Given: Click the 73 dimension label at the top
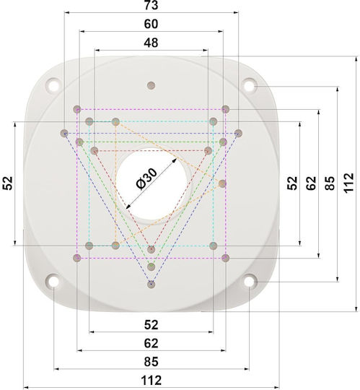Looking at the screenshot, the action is pos(151,5).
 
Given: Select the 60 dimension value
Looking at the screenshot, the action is pos(151,24).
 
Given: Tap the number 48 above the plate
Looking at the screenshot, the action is pos(151,43).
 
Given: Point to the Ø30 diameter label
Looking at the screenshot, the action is pos(147,179).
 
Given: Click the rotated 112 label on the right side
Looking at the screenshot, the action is pos(349,182).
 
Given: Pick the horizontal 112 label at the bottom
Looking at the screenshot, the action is pos(151,381).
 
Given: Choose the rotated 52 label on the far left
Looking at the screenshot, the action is pos(8,183).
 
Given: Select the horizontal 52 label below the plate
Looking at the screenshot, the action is pos(151,325).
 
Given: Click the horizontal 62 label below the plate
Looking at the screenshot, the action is pos(151,344).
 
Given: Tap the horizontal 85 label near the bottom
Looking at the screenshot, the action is pos(151,362).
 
